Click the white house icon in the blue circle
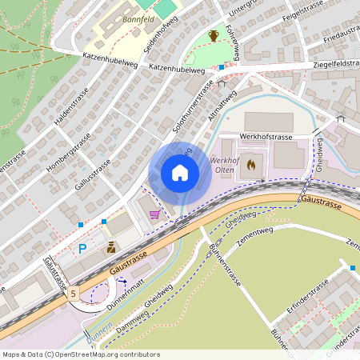pos(180,172)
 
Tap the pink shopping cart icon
pos(154,214)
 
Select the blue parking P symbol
pos(82,249)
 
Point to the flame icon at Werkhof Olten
pos(251,166)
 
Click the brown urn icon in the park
pos(214,35)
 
